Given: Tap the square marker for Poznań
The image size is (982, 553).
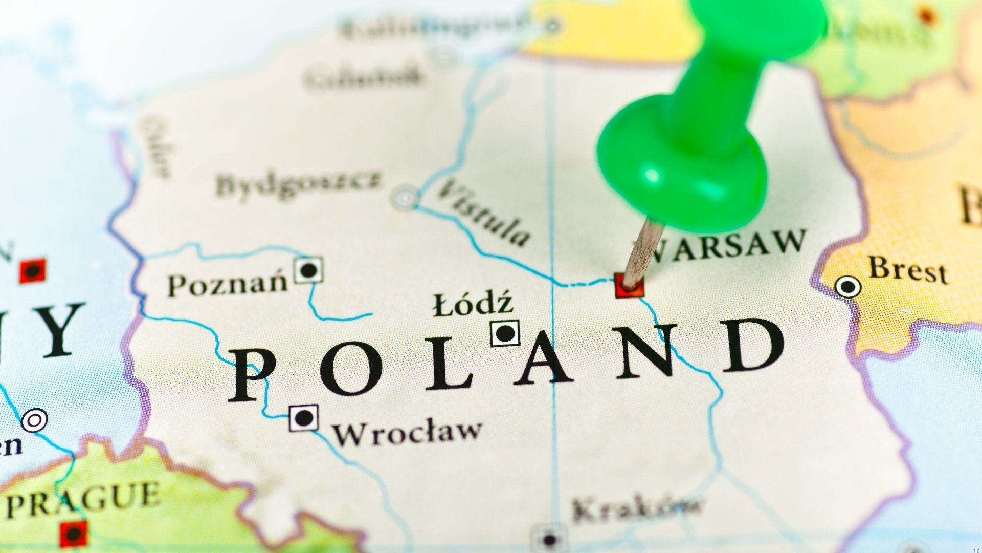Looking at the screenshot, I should [308, 270].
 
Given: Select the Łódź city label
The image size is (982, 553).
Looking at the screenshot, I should [473, 304].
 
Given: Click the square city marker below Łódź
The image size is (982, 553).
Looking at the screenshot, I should [505, 333].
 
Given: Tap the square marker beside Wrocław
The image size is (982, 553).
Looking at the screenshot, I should [304, 418].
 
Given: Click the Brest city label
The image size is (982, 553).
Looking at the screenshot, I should [908, 270].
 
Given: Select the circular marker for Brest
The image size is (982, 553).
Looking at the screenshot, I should [848, 287].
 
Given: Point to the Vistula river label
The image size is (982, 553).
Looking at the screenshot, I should [484, 212].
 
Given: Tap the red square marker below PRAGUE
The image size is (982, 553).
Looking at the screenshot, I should [74, 534].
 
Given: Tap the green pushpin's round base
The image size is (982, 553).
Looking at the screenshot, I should [680, 164].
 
